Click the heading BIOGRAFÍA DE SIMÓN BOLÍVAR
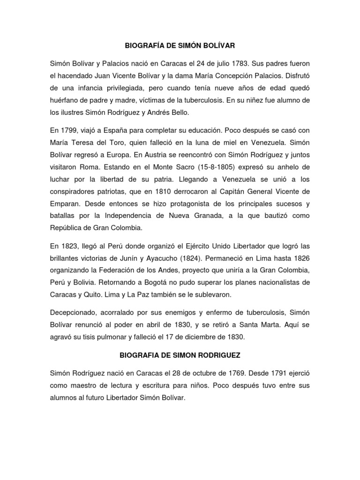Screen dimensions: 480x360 [x=180, y=46]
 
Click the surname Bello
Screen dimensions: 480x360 [x=178, y=112]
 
